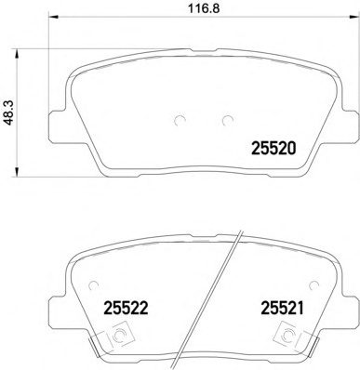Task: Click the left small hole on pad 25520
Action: (x=179, y=119)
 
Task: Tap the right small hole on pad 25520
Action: (x=226, y=119)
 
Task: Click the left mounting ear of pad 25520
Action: (x=58, y=116)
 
